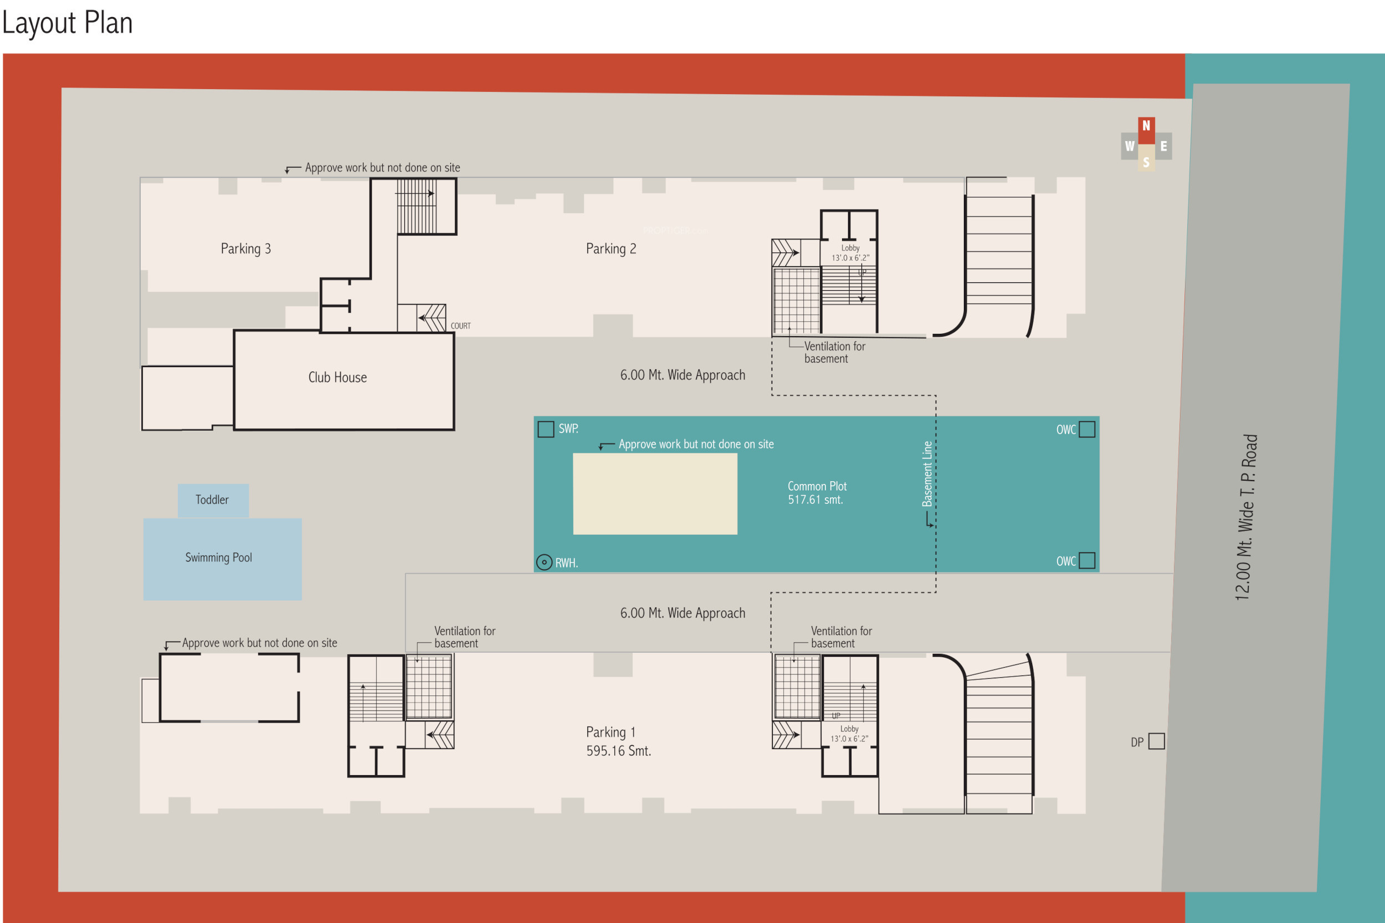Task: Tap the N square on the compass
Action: (x=1146, y=127)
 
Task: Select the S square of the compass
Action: (x=1146, y=162)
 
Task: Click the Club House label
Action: (x=337, y=377)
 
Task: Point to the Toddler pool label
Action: (x=212, y=500)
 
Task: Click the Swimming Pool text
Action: (x=218, y=558)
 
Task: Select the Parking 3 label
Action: (x=245, y=249)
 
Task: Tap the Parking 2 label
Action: (x=611, y=249)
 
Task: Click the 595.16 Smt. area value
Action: (x=618, y=751)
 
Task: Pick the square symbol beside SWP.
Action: (x=546, y=429)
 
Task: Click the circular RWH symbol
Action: (x=544, y=563)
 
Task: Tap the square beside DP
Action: (x=1157, y=741)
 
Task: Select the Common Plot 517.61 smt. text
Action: (x=817, y=493)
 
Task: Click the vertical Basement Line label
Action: (x=927, y=474)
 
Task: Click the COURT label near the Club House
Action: (x=460, y=326)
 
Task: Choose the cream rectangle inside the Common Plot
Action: (x=655, y=494)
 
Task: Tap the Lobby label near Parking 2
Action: (x=850, y=249)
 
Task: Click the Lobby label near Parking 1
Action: (x=849, y=729)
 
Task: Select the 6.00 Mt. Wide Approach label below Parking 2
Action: (x=683, y=375)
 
